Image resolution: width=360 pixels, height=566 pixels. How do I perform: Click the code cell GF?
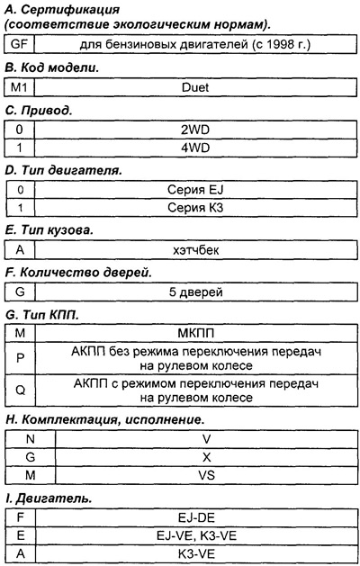pyautogui.click(x=18, y=43)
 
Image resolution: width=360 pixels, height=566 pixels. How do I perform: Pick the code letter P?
pyautogui.click(x=18, y=358)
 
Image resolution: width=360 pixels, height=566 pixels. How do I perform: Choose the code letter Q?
pyautogui.click(x=18, y=390)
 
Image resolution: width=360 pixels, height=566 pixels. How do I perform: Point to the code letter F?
pyautogui.click(x=18, y=517)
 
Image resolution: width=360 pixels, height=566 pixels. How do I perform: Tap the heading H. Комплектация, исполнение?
pyautogui.click(x=104, y=419)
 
